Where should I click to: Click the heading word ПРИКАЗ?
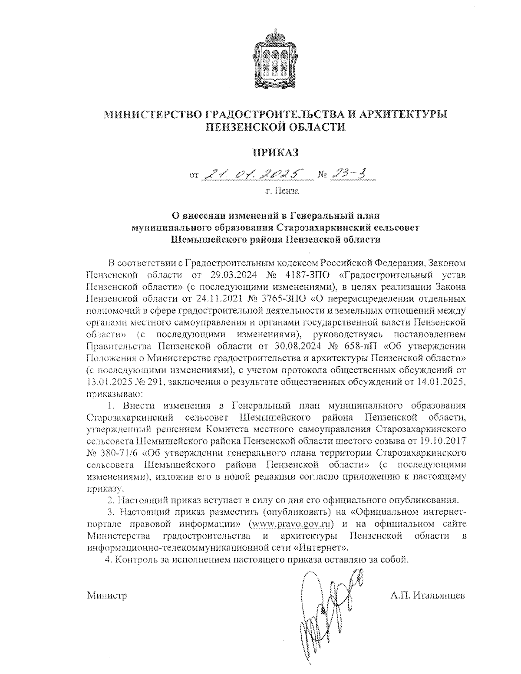(276, 152)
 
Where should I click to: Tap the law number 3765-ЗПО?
(279, 299)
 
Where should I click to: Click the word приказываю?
(112, 394)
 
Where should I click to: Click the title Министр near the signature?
(107, 595)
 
